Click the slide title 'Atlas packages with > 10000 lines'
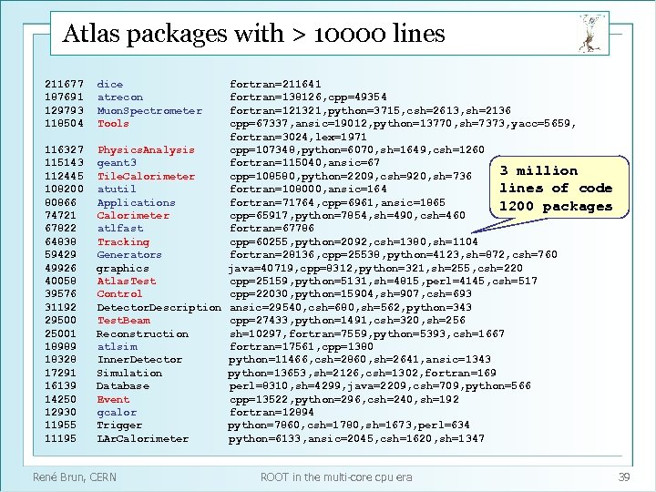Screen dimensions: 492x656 pos(253,35)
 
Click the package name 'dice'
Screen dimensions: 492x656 pos(109,84)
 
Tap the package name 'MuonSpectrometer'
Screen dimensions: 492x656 pos(149,110)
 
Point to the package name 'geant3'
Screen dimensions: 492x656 pos(117,163)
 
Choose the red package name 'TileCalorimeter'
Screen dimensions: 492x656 pos(146,176)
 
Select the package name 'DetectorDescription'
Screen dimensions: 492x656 pos(159,308)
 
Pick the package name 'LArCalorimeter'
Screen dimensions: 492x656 pos(142,439)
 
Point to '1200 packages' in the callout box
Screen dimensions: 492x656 pos(556,207)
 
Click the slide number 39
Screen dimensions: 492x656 pos(624,477)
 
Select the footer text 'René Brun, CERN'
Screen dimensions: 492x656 pos(75,477)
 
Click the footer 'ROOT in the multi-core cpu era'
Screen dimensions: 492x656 pos(336,477)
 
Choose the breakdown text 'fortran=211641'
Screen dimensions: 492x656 pos(274,84)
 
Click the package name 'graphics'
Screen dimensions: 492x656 pos(122,269)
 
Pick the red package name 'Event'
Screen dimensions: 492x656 pos(113,399)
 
